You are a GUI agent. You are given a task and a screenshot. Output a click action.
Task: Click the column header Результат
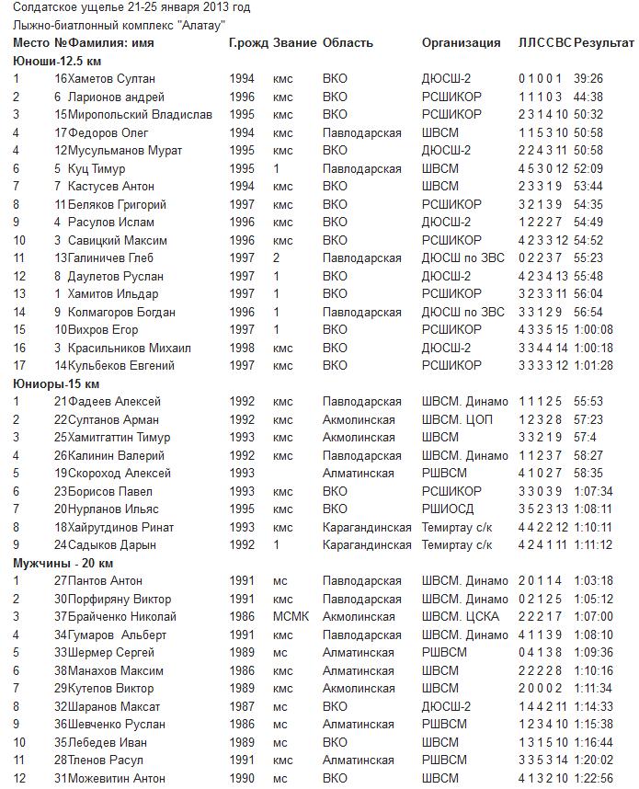pos(603,43)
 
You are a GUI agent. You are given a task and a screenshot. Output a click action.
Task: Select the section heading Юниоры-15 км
pos(55,383)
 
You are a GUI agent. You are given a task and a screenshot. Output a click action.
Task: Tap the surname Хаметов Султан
pos(111,79)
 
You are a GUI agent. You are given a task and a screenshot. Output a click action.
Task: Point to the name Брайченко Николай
pos(122,616)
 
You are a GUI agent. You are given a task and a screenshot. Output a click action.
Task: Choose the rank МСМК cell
pos(291,616)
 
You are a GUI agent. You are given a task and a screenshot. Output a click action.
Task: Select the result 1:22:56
pos(593,778)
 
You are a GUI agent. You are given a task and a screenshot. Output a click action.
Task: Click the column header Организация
pos(461,43)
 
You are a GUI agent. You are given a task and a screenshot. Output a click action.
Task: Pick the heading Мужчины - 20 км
pos(63,563)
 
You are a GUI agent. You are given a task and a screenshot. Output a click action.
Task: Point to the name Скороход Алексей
pos(120,473)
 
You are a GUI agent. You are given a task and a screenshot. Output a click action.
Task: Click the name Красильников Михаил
pos(129,348)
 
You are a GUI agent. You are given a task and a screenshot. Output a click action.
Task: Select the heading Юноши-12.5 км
pos(56,61)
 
